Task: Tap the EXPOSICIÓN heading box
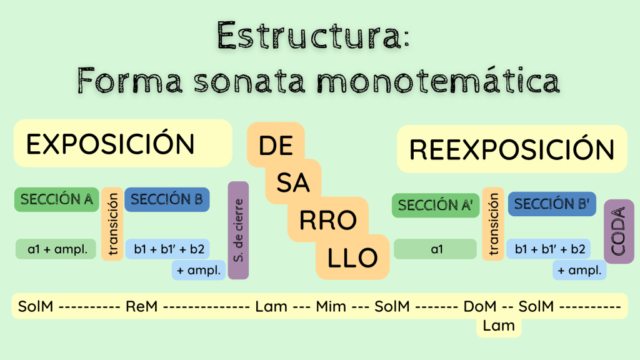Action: [x=122, y=144]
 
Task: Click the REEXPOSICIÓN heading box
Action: [x=512, y=149]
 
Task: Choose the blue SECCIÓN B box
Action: [x=167, y=199]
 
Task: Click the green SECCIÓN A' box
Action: [x=435, y=205]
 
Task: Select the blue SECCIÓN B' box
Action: [x=552, y=204]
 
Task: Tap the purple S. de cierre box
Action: [x=238, y=230]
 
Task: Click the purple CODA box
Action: [x=619, y=231]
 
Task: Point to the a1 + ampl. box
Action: [x=57, y=249]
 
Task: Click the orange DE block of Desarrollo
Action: [x=276, y=146]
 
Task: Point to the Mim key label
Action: [x=331, y=306]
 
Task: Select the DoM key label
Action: [x=480, y=306]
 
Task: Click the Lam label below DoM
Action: [x=499, y=325]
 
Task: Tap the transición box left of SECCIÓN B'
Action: [x=493, y=224]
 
